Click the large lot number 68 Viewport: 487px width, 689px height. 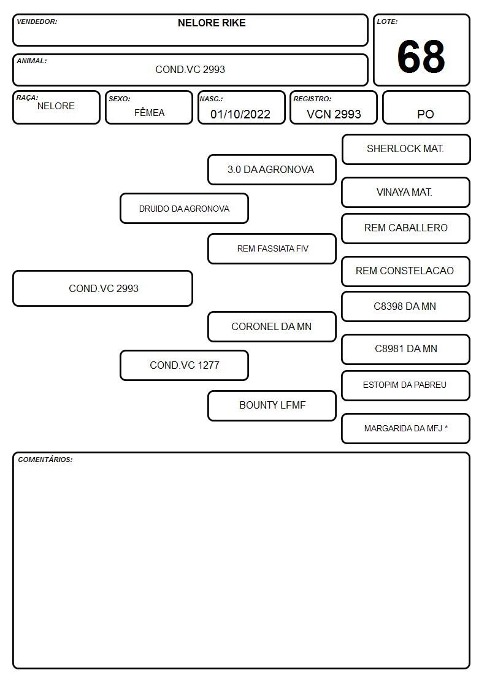tap(421, 56)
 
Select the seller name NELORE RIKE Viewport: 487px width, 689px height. tap(212, 23)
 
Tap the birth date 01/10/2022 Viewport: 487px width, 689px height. tap(240, 114)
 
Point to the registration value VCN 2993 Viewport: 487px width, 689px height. tap(334, 114)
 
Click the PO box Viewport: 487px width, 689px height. tap(426, 107)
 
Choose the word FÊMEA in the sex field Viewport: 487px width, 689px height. tap(149, 112)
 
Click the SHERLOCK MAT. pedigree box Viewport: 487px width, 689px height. tap(406, 150)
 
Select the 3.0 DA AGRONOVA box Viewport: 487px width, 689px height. tap(272, 169)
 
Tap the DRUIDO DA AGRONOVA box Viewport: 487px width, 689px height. tap(184, 208)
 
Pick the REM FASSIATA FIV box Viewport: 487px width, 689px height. tap(272, 248)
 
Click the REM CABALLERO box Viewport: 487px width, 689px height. tap(406, 228)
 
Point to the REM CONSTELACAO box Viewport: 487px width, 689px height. tap(406, 271)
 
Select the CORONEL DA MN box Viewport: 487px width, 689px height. tap(272, 326)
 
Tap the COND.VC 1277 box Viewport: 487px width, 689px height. tap(184, 365)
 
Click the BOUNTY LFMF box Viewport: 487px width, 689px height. tap(272, 406)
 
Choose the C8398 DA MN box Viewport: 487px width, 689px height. tap(406, 306)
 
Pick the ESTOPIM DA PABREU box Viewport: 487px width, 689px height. tap(406, 385)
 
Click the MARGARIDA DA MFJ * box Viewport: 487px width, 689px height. tap(406, 428)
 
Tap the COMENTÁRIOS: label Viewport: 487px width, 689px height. tap(45, 460)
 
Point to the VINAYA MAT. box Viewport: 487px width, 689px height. tap(406, 192)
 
